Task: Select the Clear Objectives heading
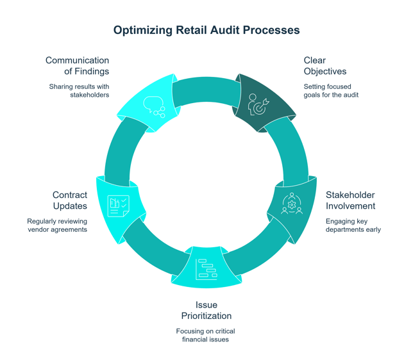click(325, 66)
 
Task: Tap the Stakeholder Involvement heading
click(350, 200)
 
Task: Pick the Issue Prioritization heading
click(205, 310)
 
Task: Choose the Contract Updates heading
click(70, 200)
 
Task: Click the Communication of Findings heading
click(77, 66)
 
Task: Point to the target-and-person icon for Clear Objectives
click(257, 104)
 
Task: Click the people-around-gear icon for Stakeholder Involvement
click(292, 203)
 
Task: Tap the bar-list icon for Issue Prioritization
click(206, 268)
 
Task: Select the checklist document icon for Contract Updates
click(119, 205)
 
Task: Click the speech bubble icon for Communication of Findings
click(154, 106)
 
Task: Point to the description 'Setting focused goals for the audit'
click(331, 90)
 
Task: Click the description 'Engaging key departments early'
click(353, 225)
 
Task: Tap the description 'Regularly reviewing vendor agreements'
click(57, 225)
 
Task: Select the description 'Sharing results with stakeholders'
click(80, 90)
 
